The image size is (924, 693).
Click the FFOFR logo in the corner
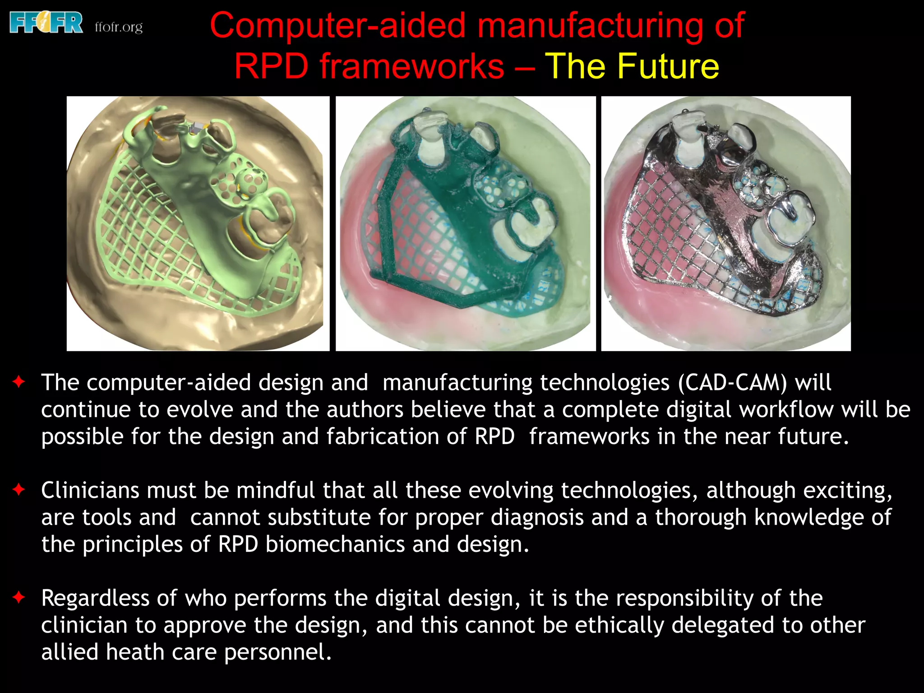(46, 23)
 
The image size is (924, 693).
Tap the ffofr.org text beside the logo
(119, 27)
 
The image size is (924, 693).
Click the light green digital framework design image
(198, 223)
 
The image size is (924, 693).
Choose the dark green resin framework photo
(465, 223)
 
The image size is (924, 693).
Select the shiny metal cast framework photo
(725, 223)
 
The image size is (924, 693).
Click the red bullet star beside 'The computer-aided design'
(19, 382)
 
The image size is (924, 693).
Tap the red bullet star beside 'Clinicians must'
(19, 490)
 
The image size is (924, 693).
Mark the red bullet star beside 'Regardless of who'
(19, 597)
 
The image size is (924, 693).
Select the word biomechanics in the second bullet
(335, 545)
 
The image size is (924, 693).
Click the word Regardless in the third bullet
(95, 599)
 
